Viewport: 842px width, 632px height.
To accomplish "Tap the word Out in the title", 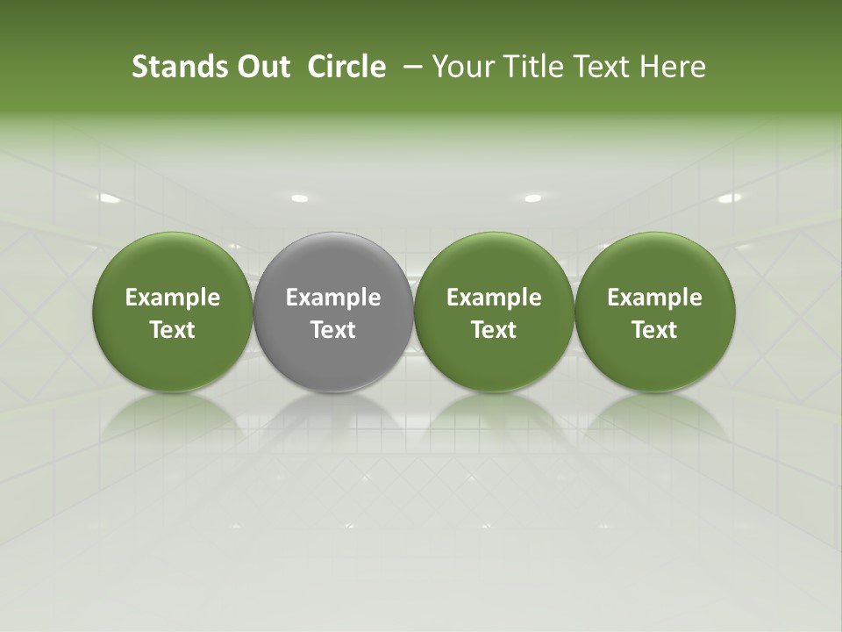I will click(261, 67).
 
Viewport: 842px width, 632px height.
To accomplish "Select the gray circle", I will click(333, 312).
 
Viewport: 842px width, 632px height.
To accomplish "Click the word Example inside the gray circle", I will click(333, 298).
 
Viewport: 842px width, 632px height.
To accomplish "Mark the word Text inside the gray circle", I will click(333, 330).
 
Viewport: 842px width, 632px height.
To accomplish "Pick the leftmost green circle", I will click(173, 312).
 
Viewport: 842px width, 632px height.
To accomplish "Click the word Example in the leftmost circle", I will click(173, 298).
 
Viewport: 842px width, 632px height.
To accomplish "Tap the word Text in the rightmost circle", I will click(654, 330).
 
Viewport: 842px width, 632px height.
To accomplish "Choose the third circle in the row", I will click(494, 312).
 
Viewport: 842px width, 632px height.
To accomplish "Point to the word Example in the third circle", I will click(494, 298).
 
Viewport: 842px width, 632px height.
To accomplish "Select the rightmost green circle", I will click(654, 312).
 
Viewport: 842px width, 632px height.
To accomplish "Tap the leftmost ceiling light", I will click(109, 199).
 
